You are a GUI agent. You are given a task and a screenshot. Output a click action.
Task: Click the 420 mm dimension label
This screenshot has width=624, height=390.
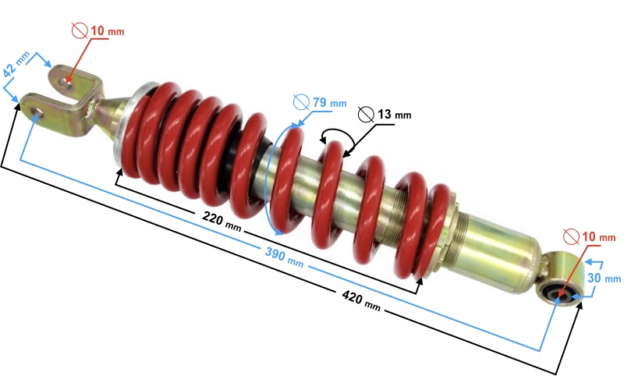(361, 301)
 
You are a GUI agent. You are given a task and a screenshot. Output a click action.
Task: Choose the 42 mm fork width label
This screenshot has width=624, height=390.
(17, 64)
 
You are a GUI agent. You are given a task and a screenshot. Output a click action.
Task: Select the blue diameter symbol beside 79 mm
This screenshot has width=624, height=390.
(301, 101)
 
